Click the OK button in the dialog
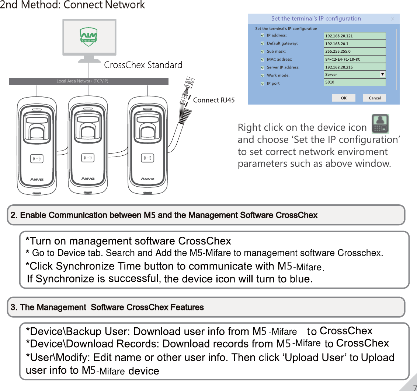tap(343, 98)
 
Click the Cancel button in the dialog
tap(375, 98)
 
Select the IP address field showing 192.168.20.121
tap(355, 36)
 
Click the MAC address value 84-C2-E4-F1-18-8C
tap(355, 59)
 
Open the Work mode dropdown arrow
tap(382, 74)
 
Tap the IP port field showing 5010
tap(355, 82)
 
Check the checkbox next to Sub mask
tap(262, 52)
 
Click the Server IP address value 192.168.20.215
tap(355, 67)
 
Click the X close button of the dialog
tap(393, 19)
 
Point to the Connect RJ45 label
tap(214, 100)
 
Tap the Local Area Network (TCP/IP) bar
tap(88, 81)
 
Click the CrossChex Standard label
tap(143, 65)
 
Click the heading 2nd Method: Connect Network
tap(73, 5)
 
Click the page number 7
tap(414, 387)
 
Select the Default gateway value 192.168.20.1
tap(355, 44)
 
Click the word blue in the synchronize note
tap(300, 279)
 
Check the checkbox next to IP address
tap(262, 36)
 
